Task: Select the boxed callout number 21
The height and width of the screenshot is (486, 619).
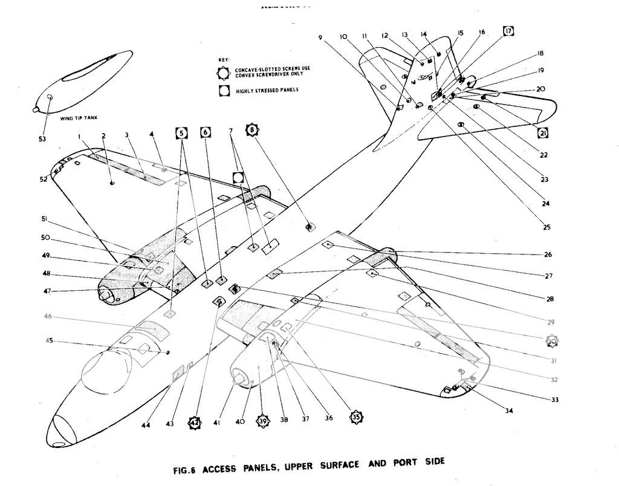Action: (543, 133)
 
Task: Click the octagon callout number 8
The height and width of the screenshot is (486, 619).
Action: (252, 129)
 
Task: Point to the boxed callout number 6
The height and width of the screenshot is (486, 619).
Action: (206, 132)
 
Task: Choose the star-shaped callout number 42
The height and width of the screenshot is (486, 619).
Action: (194, 423)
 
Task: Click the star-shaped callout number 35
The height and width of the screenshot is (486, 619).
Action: (356, 416)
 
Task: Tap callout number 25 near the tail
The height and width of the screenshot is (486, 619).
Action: (546, 227)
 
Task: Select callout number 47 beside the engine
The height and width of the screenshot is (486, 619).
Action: (47, 291)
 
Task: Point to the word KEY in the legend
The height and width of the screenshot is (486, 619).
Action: (222, 60)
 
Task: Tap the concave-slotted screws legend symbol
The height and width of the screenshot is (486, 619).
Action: (224, 73)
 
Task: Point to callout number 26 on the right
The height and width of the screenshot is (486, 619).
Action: (548, 254)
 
